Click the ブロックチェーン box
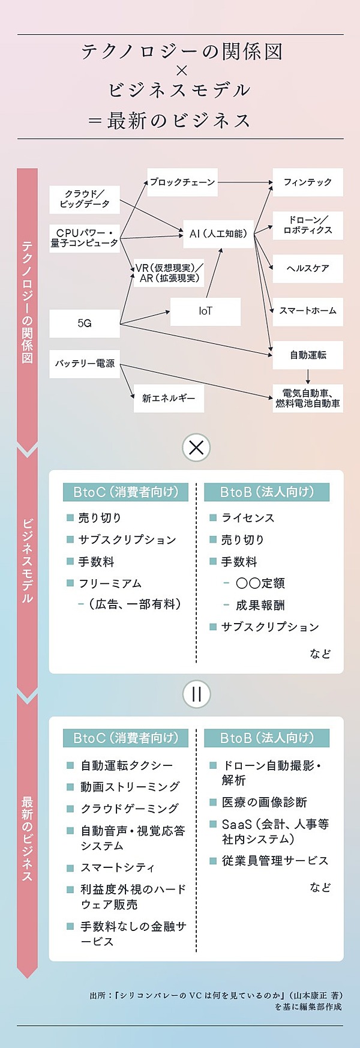[182, 182]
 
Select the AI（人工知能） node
[218, 233]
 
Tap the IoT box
[205, 311]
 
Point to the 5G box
[85, 324]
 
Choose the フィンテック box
[308, 182]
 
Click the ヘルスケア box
[308, 268]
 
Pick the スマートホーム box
[308, 311]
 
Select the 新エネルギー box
[169, 398]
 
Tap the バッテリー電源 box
[85, 364]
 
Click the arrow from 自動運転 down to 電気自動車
[308, 376]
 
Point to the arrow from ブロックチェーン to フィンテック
[245, 182]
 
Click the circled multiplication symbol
[196, 447]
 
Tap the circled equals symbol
[196, 694]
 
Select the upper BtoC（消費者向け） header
[125, 492]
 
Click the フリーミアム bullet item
[110, 583]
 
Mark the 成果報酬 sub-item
[260, 605]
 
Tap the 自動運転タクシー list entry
[127, 765]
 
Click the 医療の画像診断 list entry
[264, 802]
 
